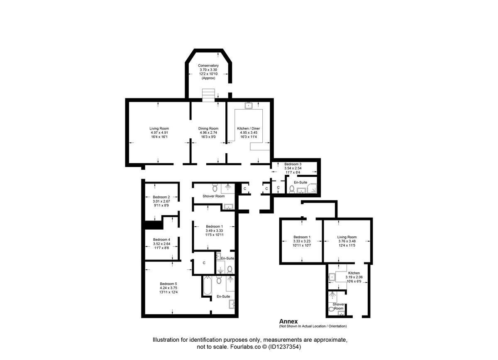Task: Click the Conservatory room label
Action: pos(208,66)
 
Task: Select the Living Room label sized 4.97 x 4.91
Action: pos(159,129)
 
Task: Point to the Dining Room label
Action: pos(208,129)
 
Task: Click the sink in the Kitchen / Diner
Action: pos(249,105)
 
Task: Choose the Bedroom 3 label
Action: pos(293,164)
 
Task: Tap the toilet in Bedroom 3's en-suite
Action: pos(292,189)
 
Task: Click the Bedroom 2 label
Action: pos(161,197)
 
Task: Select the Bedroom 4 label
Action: pos(161,240)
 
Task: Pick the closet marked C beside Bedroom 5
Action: pos(204,263)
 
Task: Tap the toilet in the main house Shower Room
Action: pos(215,187)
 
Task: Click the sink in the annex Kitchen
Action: pos(332,277)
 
